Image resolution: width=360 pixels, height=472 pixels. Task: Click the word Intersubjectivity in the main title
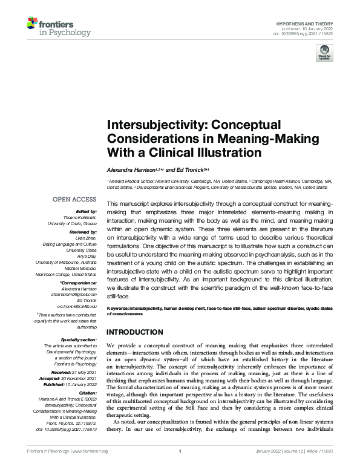155,125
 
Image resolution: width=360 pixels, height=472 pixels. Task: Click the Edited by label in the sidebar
87,211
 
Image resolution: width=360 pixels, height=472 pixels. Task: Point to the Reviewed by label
84,231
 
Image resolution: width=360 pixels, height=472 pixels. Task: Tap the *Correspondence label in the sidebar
80,283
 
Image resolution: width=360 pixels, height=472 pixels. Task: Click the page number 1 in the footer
180,468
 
